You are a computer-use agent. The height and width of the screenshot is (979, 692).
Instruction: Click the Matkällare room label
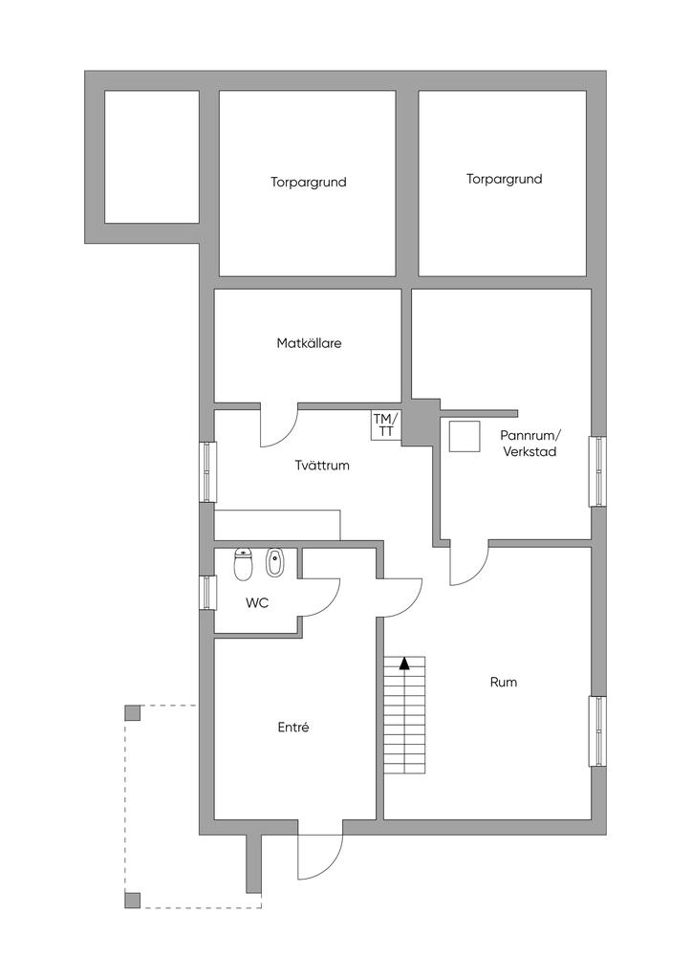[x=309, y=343]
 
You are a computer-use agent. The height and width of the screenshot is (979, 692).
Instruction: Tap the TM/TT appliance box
[x=385, y=425]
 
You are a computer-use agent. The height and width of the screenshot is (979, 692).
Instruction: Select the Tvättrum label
[x=322, y=466]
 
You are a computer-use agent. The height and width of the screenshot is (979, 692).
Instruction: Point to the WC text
[x=257, y=603]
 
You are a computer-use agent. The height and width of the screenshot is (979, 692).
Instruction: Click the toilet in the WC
[x=242, y=564]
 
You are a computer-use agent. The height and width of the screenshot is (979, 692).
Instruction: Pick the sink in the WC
[x=274, y=562]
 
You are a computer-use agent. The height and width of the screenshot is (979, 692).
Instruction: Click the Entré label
[x=293, y=728]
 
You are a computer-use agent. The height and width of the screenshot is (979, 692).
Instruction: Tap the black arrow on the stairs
[x=404, y=664]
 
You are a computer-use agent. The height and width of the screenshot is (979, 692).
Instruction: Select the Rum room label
[x=504, y=682]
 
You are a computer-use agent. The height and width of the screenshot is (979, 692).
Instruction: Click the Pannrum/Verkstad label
[x=530, y=443]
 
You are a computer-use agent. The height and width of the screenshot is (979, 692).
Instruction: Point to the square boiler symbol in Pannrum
[x=465, y=436]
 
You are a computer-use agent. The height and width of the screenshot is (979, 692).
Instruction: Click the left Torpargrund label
[x=309, y=183]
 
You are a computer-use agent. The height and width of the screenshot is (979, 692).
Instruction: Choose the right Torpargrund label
[x=504, y=179]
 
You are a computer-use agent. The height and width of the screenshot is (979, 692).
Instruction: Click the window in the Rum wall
[x=597, y=731]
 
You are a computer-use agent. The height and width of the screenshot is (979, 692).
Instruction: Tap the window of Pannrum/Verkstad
[x=597, y=471]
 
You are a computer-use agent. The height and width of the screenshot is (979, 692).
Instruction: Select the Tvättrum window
[x=207, y=472]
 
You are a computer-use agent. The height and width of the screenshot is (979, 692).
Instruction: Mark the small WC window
[x=207, y=593]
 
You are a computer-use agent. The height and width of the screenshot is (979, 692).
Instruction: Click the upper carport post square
[x=132, y=712]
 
